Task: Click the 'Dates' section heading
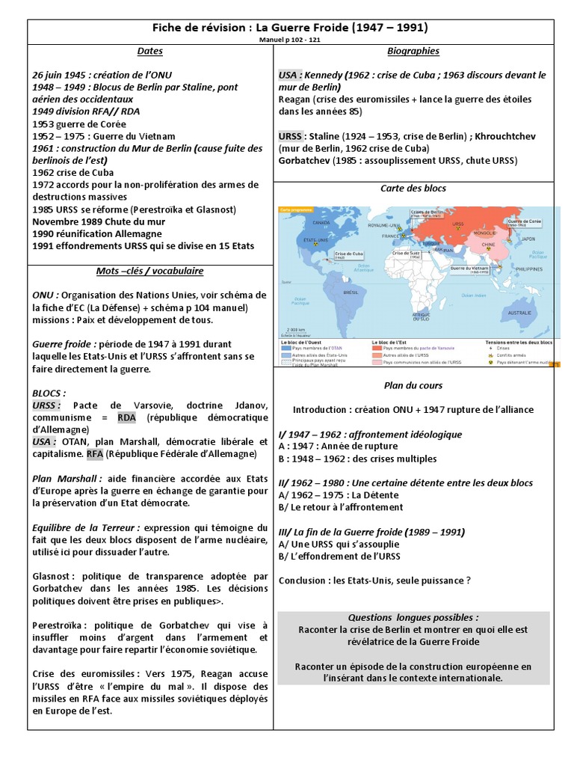click(x=149, y=52)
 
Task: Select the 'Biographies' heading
click(x=413, y=52)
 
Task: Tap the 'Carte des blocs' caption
click(x=413, y=188)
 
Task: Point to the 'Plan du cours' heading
click(x=413, y=385)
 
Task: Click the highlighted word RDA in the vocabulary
click(x=127, y=417)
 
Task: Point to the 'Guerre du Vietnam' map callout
click(x=470, y=268)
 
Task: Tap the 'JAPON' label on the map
click(x=528, y=239)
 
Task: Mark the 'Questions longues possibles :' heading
click(x=413, y=617)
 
